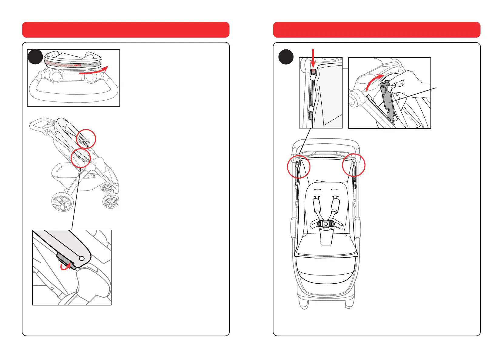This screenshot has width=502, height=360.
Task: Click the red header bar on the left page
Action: coord(125,30)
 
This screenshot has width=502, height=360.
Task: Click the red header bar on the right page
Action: coord(376,30)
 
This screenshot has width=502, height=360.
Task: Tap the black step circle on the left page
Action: coord(35,57)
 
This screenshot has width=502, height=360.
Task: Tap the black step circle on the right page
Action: coord(286,57)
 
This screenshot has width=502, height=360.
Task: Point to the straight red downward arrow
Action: coord(313,56)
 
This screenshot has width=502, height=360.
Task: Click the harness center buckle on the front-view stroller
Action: coord(326,224)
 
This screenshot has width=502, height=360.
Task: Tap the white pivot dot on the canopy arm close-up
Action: coord(82,258)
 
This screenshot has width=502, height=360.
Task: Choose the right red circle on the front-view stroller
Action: coord(354,165)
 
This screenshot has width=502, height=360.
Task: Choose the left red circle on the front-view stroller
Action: coord(299,167)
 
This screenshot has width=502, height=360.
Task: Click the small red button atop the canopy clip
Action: coord(313,72)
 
